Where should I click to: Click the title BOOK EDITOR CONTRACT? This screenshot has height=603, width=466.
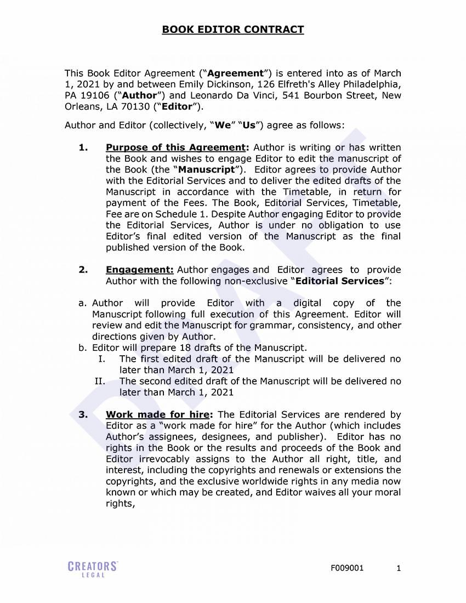pos(232,30)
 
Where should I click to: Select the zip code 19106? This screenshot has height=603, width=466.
pos(95,95)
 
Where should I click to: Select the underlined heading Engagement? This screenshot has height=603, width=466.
pos(139,270)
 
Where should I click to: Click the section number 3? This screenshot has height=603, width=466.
pos(83,414)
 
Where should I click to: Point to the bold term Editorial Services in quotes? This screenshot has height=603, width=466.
pos(339,281)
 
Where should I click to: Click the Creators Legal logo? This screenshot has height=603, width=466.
pos(93,568)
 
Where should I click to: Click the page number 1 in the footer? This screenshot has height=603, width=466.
pos(399,568)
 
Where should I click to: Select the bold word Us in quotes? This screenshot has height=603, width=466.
pos(249,125)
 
